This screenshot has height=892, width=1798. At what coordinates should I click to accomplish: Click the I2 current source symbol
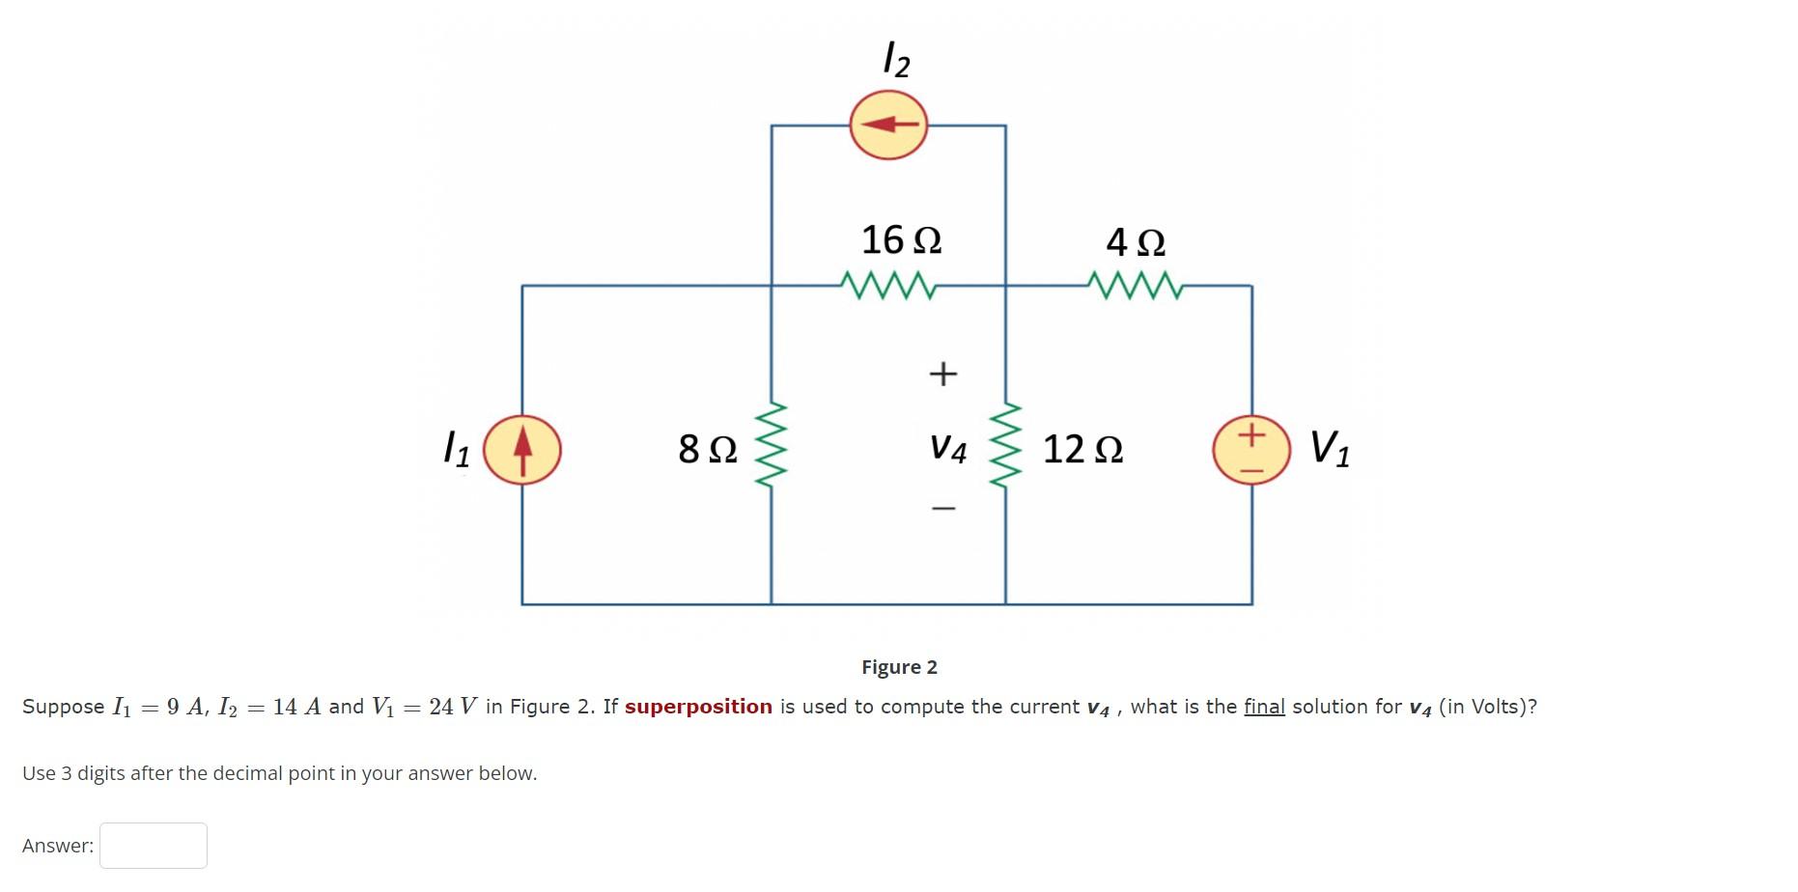coord(888,125)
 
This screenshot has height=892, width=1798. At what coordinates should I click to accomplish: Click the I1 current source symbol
coord(521,450)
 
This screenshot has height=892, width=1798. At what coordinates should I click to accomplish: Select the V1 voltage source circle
coord(1251,450)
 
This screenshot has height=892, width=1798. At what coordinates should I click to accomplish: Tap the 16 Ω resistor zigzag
coord(888,285)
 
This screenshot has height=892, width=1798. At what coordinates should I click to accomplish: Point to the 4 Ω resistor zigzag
coord(1134,285)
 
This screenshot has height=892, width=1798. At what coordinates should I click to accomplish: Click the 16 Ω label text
coord(901,239)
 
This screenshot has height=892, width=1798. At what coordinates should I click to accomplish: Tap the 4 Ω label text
coord(1136,241)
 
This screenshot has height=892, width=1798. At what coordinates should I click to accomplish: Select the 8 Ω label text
coord(708,449)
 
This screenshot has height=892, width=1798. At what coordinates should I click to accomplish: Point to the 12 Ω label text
coord(1082,449)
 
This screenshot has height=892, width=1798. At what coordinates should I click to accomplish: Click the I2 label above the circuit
coord(897,60)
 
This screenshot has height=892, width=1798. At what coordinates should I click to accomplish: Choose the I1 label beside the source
coord(456,449)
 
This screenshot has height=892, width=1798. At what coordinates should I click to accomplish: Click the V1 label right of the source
coord(1330,449)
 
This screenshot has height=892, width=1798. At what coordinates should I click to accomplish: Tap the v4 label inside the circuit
coord(948,448)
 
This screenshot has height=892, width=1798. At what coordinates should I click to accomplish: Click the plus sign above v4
coord(942,373)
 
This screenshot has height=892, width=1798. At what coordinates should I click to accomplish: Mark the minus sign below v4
coord(943,508)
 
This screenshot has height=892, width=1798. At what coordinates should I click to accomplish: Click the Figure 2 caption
coord(899,667)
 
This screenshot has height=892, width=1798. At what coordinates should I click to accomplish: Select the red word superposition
coord(698,707)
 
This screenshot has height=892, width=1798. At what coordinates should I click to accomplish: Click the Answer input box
coord(154,846)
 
